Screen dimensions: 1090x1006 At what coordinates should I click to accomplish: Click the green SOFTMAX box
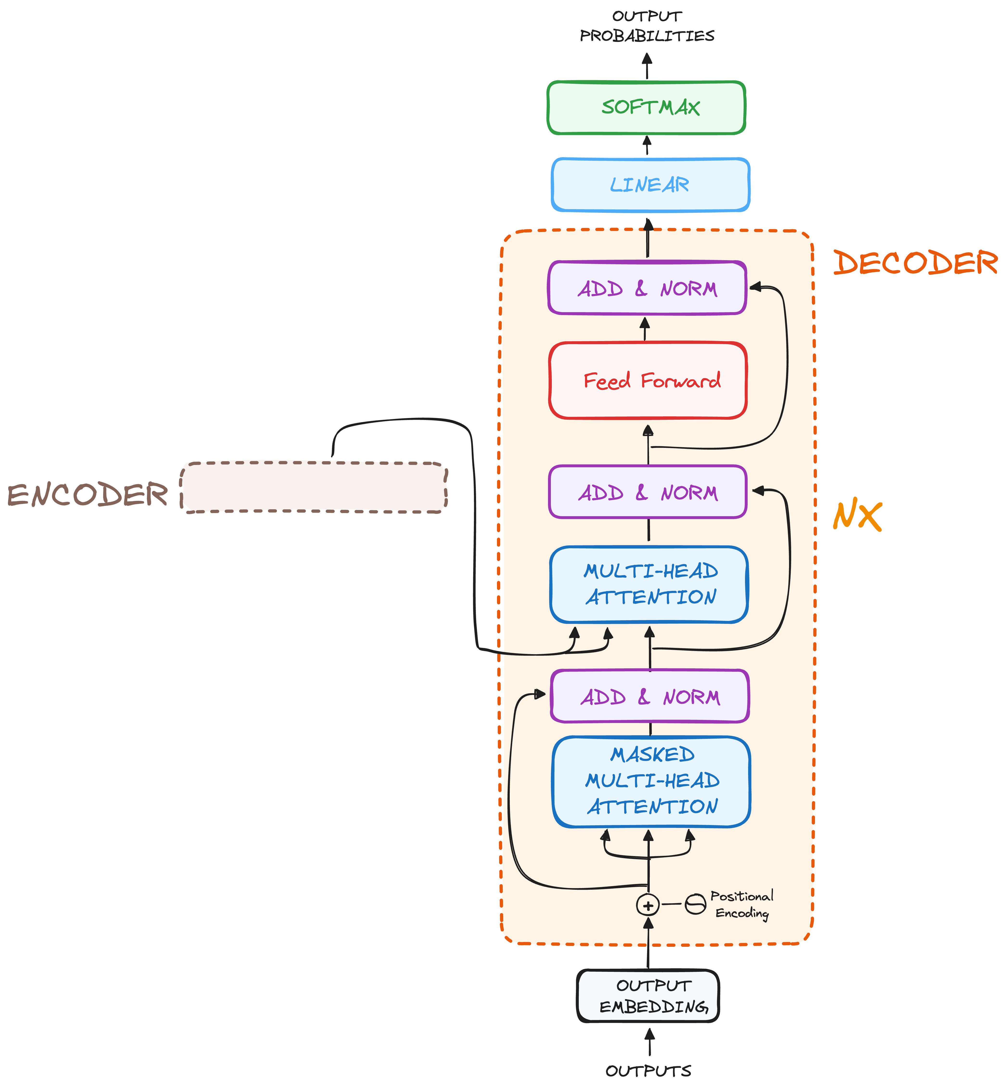point(646,107)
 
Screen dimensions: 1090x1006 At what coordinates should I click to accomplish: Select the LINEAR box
point(650,185)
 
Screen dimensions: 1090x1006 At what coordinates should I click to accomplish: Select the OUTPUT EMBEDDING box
point(648,996)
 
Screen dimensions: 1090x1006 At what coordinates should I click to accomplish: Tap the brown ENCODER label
point(87,495)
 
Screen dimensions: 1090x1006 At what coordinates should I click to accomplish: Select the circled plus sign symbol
point(648,905)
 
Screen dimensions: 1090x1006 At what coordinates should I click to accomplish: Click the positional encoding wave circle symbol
point(695,904)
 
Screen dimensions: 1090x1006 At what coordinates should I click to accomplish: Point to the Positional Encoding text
point(741,904)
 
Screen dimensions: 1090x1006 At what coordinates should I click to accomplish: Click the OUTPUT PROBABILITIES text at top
point(647,26)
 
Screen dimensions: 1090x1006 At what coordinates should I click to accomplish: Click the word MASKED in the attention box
point(652,755)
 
